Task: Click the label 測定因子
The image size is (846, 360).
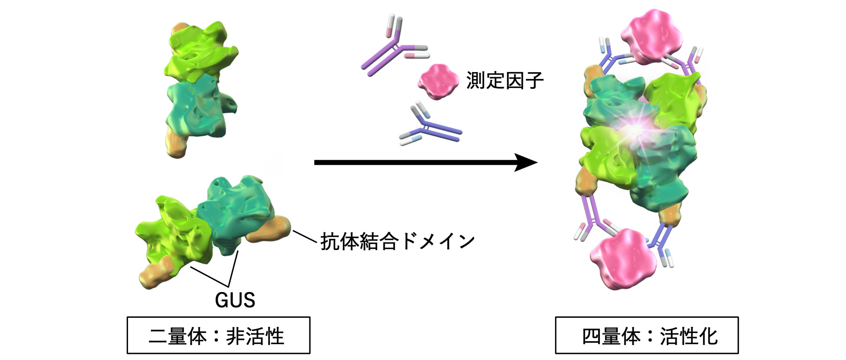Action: [504, 81]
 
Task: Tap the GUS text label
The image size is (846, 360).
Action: [235, 300]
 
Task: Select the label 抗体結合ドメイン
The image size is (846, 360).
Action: [397, 241]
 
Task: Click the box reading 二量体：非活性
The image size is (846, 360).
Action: [218, 336]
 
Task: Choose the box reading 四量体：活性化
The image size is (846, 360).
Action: [647, 336]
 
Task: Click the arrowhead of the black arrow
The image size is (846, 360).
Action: [526, 162]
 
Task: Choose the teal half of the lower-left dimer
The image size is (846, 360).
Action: [238, 211]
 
